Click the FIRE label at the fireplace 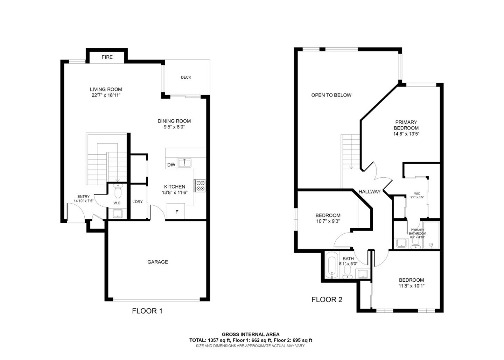[x=107, y=57]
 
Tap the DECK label [x=186, y=77]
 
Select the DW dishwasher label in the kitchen [x=171, y=165]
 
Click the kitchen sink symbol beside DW [x=184, y=163]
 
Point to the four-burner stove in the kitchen [x=200, y=185]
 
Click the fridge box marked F [x=177, y=212]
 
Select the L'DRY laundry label [x=137, y=202]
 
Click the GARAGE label [x=157, y=262]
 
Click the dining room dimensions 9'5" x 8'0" [x=174, y=127]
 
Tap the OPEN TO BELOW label [x=331, y=95]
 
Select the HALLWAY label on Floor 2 [x=369, y=191]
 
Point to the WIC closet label [x=417, y=193]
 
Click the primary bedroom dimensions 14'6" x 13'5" [x=406, y=134]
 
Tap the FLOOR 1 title [x=147, y=311]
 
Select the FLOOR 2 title [x=327, y=299]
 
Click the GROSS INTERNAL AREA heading [x=251, y=334]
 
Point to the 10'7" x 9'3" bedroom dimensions [x=328, y=221]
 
